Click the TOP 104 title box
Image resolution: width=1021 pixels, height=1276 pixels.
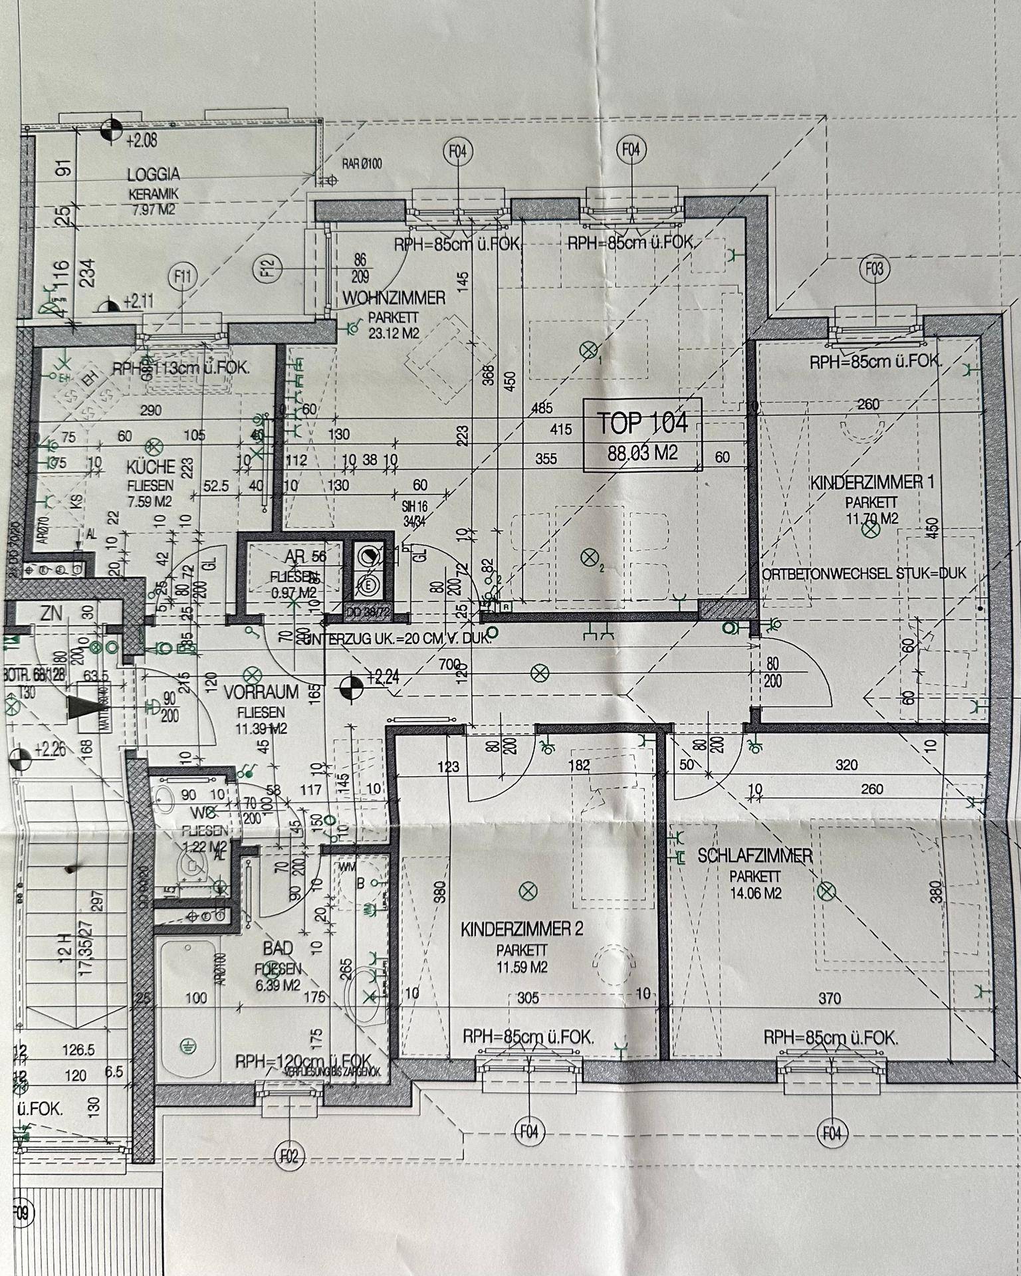(x=642, y=435)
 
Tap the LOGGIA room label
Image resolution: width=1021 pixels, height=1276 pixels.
(x=154, y=175)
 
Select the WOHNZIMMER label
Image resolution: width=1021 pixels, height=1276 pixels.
(x=394, y=298)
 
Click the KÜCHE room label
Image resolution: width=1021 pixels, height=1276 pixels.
(x=151, y=467)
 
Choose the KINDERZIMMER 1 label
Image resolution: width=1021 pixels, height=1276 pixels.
(x=871, y=482)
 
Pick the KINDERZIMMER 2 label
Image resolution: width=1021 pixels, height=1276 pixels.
(x=522, y=928)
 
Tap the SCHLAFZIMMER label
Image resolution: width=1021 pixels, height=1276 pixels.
(x=755, y=855)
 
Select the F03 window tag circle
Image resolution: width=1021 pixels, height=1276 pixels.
(x=875, y=269)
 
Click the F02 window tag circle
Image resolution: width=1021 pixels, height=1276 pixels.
(x=289, y=1157)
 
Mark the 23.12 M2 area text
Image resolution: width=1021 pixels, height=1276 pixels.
(x=394, y=333)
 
